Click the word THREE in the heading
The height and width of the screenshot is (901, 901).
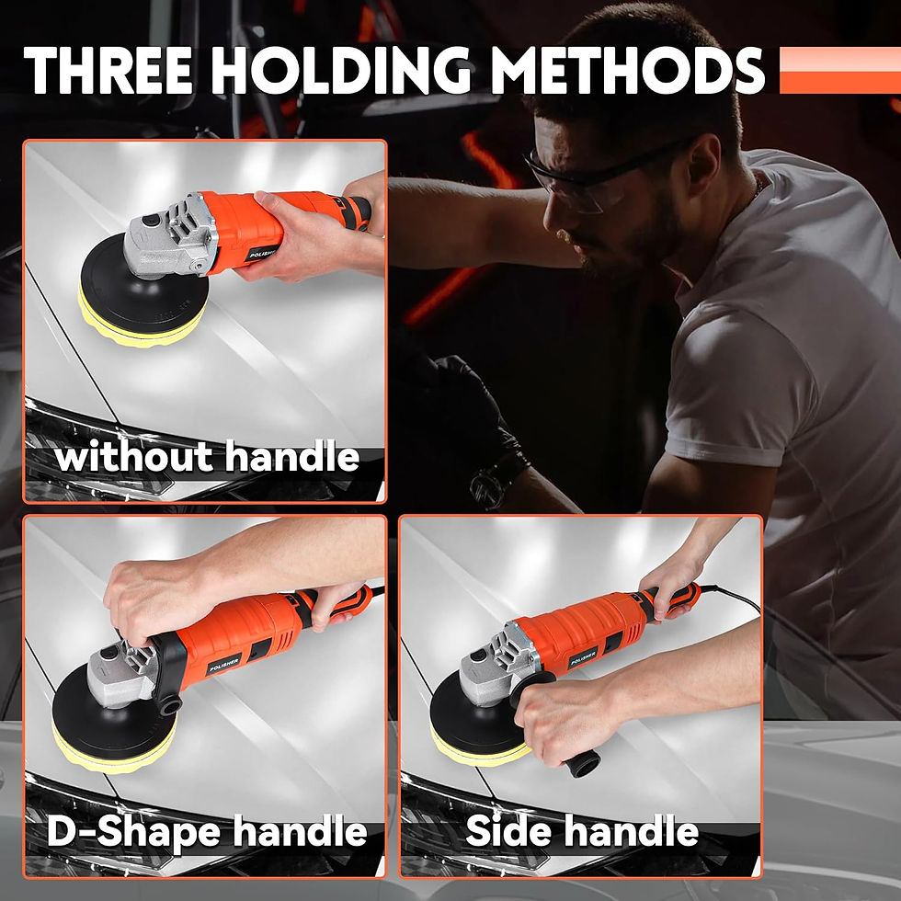coord(108,70)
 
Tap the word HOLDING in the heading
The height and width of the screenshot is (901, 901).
coord(341,70)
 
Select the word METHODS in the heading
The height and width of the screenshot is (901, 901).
coord(627,70)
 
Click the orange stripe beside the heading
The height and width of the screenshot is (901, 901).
coord(839,70)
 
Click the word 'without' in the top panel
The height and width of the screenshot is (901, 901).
coord(134,457)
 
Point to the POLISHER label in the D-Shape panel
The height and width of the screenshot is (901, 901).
coord(224,664)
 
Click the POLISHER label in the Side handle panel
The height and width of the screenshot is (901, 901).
coord(583,657)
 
